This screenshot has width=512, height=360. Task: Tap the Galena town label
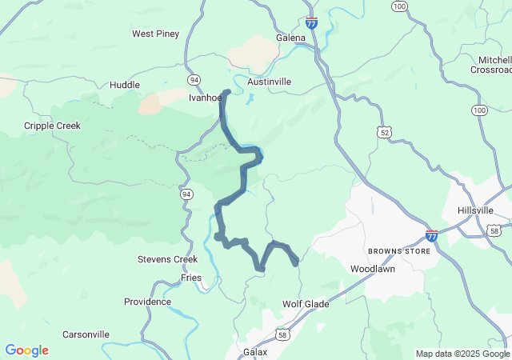click(290, 38)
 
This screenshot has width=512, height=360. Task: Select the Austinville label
click(270, 82)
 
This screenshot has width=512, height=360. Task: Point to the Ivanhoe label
click(204, 98)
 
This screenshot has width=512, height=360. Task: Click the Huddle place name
click(124, 85)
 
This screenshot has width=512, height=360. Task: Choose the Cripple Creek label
click(52, 126)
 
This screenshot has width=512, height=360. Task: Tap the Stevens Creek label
click(167, 259)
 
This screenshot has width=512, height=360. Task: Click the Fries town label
click(191, 277)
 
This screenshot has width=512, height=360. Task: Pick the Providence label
click(147, 302)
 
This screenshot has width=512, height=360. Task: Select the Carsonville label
click(86, 334)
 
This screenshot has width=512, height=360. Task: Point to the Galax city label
click(254, 351)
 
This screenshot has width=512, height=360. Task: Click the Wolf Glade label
click(306, 304)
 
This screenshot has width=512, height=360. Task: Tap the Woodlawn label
click(373, 269)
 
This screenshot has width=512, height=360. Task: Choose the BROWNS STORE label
click(399, 251)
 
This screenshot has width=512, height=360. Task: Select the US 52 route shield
click(386, 131)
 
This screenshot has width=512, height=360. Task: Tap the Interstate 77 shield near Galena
click(311, 22)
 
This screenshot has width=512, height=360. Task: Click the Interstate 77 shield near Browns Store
click(432, 236)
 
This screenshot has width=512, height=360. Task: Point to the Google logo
click(27, 350)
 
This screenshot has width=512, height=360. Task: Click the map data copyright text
click(462, 354)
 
